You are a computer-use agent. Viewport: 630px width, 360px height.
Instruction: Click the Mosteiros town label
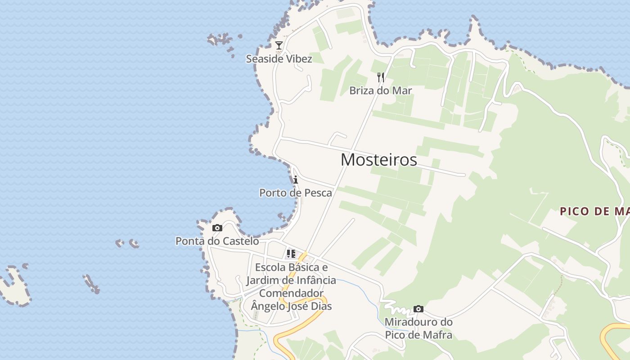pos(378,160)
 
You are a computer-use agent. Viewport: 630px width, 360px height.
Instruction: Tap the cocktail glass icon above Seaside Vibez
pos(279,45)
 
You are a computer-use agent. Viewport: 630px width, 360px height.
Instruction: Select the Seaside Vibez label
pos(279,58)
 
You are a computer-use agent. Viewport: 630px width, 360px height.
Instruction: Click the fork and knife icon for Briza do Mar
pos(381,77)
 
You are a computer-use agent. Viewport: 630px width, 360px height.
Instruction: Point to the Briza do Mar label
pos(381,90)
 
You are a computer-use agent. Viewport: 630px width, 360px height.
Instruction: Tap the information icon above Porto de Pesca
pos(296,180)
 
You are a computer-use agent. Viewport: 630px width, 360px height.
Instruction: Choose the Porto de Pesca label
pos(296,193)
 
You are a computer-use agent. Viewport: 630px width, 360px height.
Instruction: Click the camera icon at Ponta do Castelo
pos(217,228)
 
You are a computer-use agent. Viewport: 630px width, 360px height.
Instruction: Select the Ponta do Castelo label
pos(217,241)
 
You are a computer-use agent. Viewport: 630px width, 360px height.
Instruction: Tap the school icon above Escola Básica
pos(291,254)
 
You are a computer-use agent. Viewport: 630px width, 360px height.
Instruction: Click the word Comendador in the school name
pos(291,293)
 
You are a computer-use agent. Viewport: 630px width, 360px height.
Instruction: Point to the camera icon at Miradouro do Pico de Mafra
pos(418,309)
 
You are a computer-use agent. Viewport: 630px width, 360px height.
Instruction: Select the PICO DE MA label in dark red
pos(594,211)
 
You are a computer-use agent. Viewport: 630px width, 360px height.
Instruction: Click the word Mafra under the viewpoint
pos(436,335)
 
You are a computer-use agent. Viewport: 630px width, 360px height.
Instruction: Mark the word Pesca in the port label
pos(318,193)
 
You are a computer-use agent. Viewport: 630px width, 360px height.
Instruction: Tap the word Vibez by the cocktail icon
pos(297,58)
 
